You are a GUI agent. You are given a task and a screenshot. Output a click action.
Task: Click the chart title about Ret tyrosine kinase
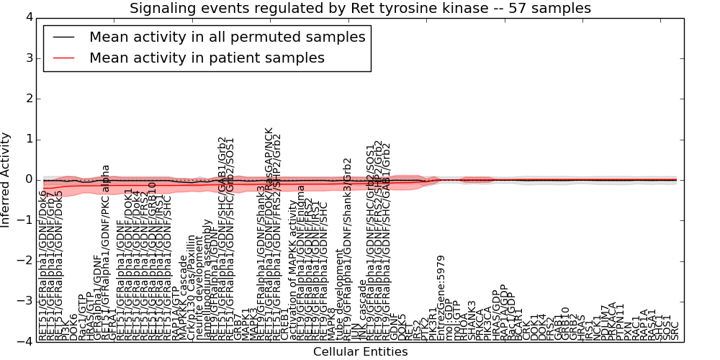(x=360, y=9)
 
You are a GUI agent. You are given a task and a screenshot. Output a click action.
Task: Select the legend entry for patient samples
(x=207, y=58)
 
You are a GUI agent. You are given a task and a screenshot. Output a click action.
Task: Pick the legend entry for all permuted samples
(x=227, y=37)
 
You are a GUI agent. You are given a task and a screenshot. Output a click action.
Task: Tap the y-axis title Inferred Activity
(x=6, y=180)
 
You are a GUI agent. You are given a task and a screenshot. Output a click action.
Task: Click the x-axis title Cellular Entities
(x=360, y=351)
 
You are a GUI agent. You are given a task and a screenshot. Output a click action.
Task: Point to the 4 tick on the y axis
(x=29, y=17)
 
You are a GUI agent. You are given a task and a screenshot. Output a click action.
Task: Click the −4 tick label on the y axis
(x=25, y=342)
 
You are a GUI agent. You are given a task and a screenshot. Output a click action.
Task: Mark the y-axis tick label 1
(x=29, y=139)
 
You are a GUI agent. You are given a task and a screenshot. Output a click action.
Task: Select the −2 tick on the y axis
(x=25, y=261)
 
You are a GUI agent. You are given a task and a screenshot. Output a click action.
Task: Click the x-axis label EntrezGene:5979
(x=441, y=297)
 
